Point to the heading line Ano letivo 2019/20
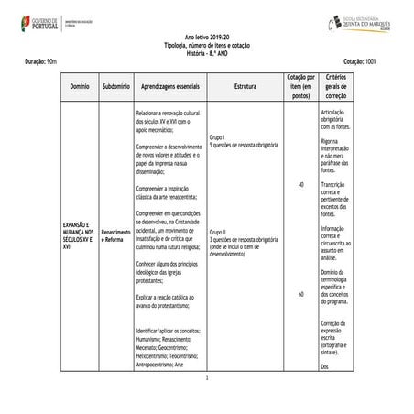click(x=207, y=37)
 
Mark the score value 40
click(x=301, y=185)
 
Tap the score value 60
click(x=301, y=294)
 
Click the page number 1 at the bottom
click(x=208, y=377)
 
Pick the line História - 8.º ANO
click(x=207, y=51)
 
